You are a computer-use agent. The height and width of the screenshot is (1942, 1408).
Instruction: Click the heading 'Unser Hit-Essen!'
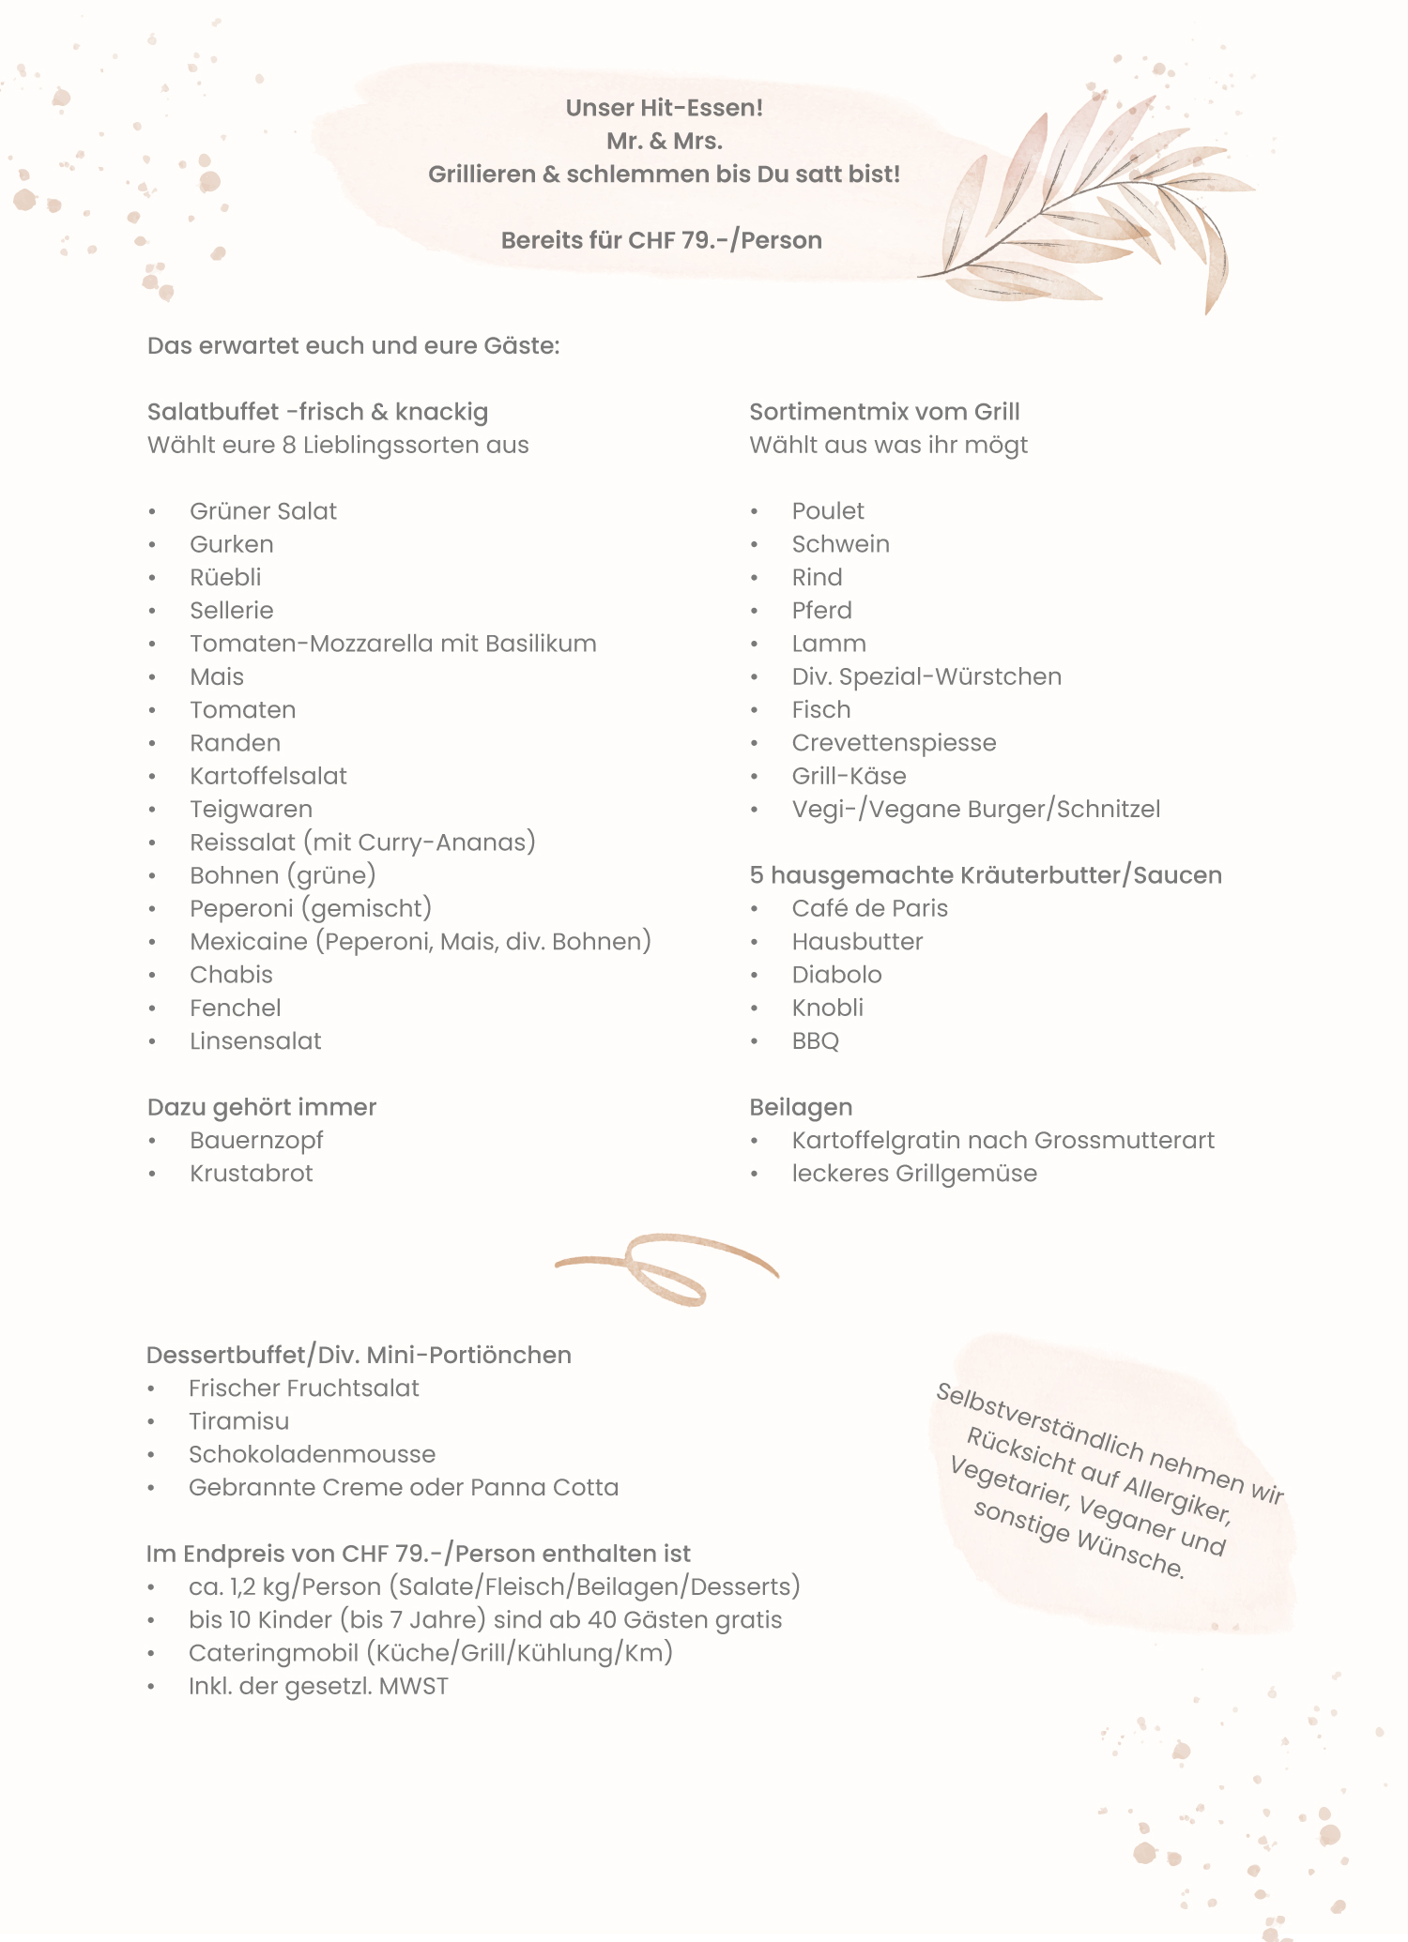(664, 108)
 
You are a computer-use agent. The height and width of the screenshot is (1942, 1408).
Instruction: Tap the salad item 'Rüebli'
(225, 577)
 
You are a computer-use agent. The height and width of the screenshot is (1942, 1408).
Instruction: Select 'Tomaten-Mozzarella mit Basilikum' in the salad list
(392, 644)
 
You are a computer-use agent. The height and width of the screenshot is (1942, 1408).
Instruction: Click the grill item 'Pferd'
(821, 611)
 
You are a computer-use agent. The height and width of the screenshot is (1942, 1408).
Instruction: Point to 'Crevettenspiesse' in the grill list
(894, 743)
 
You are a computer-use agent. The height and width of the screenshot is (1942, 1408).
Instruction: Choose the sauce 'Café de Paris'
(869, 908)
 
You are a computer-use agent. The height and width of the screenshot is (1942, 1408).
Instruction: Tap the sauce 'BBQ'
(815, 1041)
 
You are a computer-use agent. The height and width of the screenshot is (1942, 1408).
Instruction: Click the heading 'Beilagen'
(801, 1107)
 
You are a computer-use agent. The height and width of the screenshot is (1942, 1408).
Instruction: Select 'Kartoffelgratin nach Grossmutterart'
(1002, 1140)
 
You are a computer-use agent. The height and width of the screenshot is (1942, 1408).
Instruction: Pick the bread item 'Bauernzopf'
(256, 1140)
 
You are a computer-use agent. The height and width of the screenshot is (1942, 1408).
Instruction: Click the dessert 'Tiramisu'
(238, 1421)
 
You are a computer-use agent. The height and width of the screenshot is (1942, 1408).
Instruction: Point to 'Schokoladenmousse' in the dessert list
(312, 1454)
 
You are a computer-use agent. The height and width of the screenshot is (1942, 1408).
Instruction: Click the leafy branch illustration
(1089, 211)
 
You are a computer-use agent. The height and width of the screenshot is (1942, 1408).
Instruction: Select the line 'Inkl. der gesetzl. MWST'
(318, 1686)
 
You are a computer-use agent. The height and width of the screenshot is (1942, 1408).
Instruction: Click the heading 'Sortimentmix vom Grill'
(884, 412)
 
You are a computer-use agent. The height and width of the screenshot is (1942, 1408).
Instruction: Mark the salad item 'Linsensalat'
(255, 1041)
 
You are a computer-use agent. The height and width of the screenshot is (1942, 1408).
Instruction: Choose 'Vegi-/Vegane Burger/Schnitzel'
(975, 809)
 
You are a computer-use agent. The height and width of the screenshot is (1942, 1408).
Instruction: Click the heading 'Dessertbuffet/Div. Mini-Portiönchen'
(359, 1355)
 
